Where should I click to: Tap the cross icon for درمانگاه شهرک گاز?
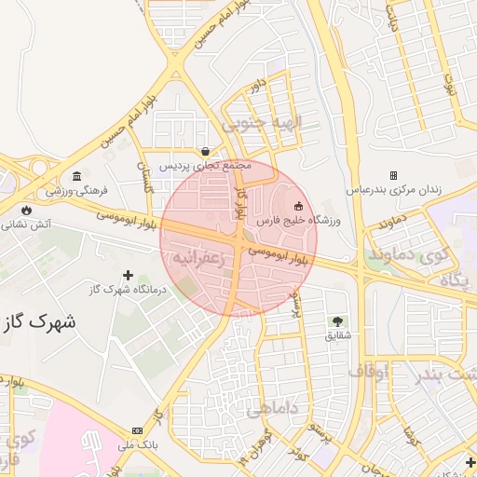(x=129, y=275)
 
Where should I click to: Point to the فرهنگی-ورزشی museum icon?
(x=76, y=177)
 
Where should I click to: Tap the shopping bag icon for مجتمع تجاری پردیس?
(x=205, y=152)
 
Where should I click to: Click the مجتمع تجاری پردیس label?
(x=205, y=166)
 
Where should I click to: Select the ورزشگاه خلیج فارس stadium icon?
(x=298, y=206)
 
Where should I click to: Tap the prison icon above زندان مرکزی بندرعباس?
(x=393, y=175)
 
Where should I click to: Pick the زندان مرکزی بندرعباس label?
(x=394, y=189)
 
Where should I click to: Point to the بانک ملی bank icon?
(x=137, y=430)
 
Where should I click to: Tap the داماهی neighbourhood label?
(x=273, y=407)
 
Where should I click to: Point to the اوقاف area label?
(x=368, y=372)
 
